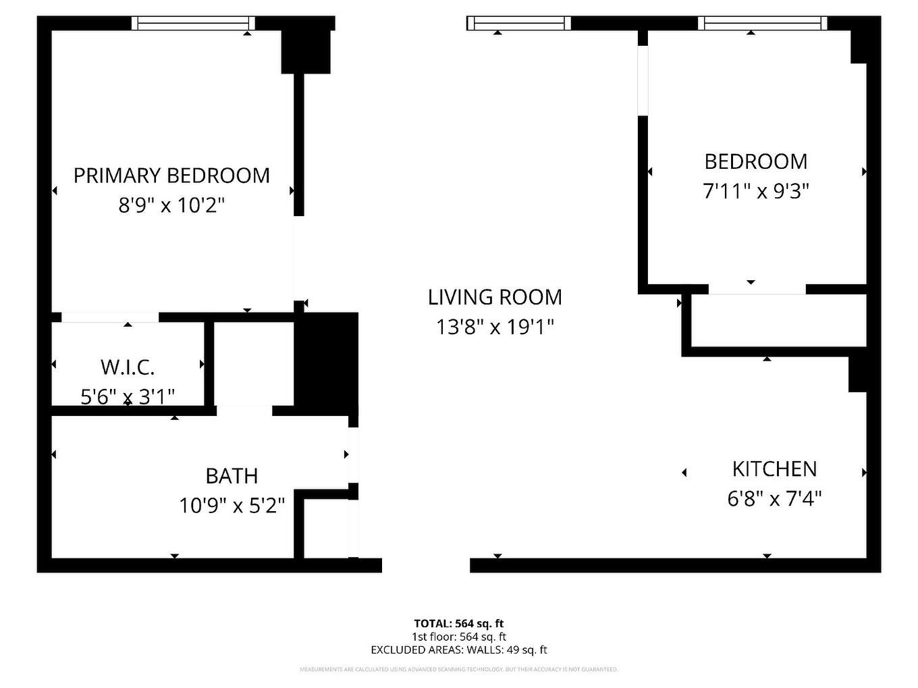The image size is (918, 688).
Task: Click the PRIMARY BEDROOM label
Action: [x=171, y=176]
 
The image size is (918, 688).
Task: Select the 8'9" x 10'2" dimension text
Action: [x=171, y=205]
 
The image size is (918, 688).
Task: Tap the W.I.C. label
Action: [x=128, y=368]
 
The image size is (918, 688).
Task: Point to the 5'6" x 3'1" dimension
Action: [x=128, y=396]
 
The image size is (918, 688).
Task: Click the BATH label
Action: [x=232, y=476]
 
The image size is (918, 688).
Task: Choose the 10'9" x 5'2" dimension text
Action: [x=232, y=505]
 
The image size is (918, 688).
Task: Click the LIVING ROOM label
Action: [x=495, y=297]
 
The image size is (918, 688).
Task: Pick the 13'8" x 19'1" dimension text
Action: [x=495, y=327]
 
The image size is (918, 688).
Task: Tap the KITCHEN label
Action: [x=774, y=469]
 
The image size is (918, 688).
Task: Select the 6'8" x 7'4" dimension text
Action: [x=774, y=499]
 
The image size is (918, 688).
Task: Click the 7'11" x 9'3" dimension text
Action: [x=756, y=192]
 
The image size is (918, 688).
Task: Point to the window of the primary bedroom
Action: [x=193, y=24]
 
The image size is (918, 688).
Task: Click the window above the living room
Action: [x=519, y=24]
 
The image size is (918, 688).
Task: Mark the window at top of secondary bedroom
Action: [x=762, y=24]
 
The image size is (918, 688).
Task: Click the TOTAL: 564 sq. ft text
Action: [x=459, y=624]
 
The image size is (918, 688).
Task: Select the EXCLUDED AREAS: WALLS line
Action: [x=459, y=650]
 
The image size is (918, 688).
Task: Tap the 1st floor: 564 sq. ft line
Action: [x=459, y=637]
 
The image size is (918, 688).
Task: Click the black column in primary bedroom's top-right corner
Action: [x=306, y=51]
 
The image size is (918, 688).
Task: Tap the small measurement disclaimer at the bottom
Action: [x=459, y=670]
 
